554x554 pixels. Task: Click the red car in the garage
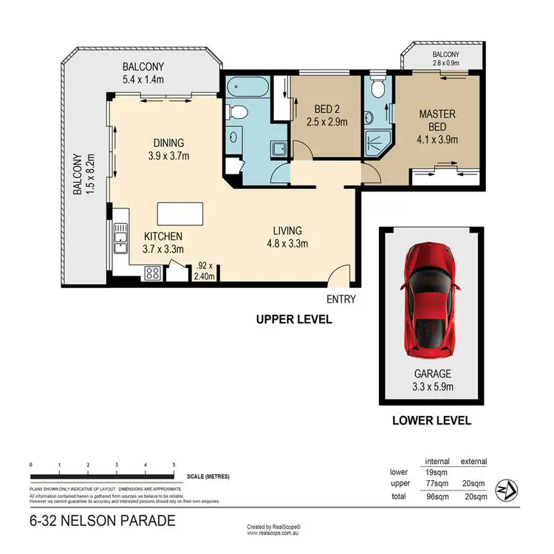[431, 297]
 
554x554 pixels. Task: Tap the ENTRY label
[341, 299]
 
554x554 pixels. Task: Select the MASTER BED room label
[437, 121]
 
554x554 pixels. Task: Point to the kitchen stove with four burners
[153, 273]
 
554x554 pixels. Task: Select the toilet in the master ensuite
[377, 89]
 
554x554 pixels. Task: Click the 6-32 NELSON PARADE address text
[103, 521]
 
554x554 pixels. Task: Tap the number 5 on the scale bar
[174, 465]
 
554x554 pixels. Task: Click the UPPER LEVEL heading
[293, 320]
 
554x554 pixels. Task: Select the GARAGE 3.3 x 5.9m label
[432, 380]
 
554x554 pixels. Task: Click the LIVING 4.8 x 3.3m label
[287, 236]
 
